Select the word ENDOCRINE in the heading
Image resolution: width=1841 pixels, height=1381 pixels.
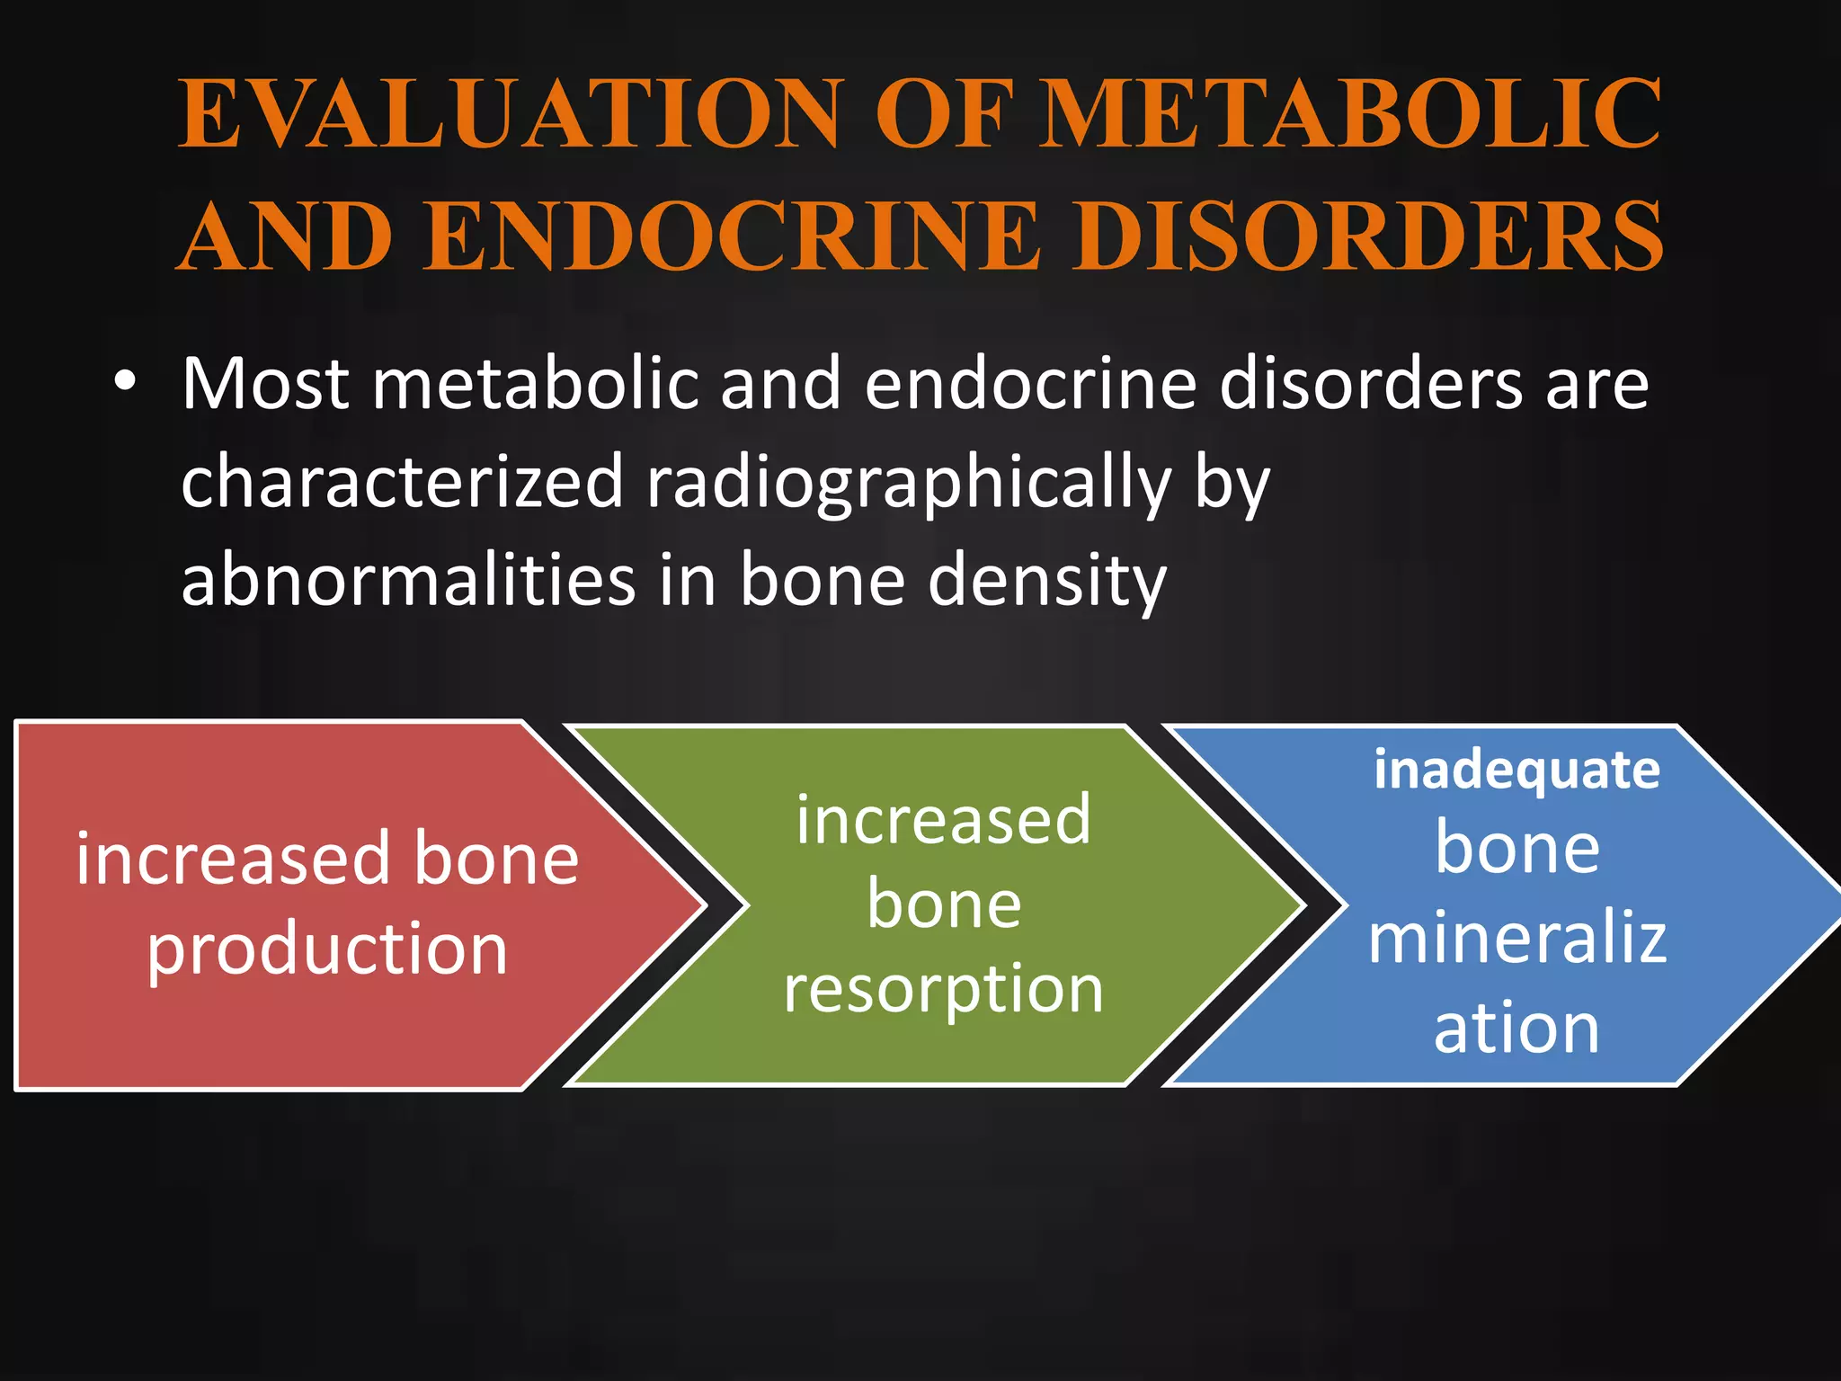(732, 236)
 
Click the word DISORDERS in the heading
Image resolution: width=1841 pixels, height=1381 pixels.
(1376, 236)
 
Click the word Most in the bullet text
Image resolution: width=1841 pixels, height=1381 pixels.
(265, 385)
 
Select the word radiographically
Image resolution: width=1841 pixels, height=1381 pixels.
(909, 484)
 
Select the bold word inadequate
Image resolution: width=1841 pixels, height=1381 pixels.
(1516, 771)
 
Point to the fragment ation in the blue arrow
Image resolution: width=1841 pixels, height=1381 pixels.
(1516, 1028)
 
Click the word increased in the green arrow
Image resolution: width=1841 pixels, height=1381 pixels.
(943, 820)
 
